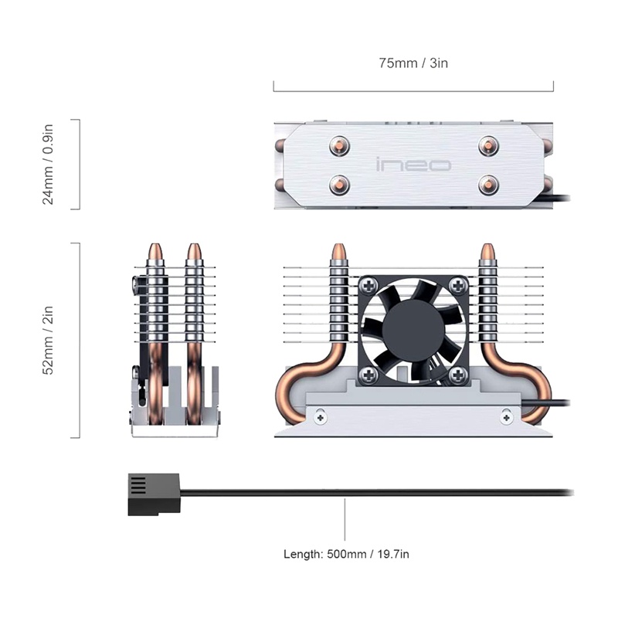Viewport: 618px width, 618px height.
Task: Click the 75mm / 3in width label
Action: pos(413,63)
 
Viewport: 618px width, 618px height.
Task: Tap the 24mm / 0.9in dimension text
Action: pos(48,164)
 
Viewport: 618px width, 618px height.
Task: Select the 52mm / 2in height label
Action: pos(48,340)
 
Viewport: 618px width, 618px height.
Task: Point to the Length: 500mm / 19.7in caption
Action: pos(346,554)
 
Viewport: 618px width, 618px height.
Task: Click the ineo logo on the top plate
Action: pos(413,165)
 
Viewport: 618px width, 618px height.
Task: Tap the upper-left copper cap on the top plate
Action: pos(339,146)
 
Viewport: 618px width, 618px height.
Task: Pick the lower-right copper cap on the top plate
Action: pos(489,184)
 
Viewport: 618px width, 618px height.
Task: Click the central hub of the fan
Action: pos(413,331)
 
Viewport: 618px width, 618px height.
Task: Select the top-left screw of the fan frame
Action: pos(369,285)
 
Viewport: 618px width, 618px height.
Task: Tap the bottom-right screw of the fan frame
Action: pos(458,375)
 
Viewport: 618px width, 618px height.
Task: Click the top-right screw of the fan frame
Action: pos(458,285)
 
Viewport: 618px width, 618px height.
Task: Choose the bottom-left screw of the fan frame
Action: pos(369,375)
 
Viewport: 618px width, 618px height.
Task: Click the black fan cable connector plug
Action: pos(154,494)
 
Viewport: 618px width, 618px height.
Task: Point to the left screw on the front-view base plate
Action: pos(321,417)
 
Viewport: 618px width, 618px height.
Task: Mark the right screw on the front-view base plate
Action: pos(507,417)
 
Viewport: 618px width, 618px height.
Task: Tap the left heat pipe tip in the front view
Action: pos(339,252)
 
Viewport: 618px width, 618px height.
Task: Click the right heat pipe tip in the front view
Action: pos(487,252)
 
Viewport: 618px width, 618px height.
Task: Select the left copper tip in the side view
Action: pos(155,252)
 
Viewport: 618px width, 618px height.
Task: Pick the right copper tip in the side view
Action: pos(194,252)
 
